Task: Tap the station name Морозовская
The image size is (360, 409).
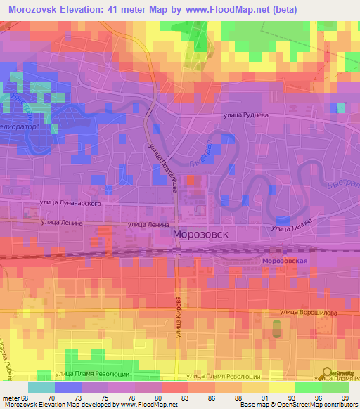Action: pos(285,261)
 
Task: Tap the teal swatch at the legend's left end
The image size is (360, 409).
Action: pos(41,387)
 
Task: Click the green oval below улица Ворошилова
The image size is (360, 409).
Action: pos(276,327)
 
